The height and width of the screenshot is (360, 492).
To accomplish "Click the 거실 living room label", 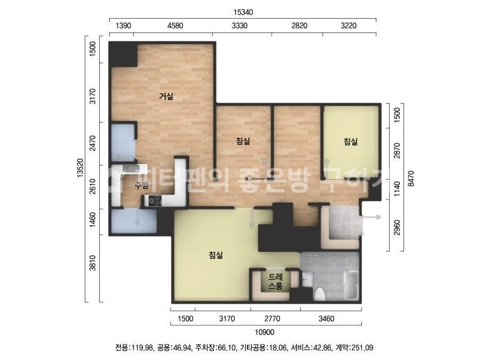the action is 166,96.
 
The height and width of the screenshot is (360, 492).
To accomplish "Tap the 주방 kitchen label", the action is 141,185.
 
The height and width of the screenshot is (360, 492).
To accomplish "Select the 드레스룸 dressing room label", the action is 276,281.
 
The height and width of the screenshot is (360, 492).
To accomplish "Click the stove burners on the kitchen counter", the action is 155,200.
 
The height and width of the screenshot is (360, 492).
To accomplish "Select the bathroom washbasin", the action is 308,279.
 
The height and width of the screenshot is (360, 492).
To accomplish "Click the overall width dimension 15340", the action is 243,12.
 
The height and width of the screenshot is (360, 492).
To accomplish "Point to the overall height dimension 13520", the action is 80,168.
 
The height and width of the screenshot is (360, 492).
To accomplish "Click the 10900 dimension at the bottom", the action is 264,332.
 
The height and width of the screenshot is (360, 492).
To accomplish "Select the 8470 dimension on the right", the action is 411,178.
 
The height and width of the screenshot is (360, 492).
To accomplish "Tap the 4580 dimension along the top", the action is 175,26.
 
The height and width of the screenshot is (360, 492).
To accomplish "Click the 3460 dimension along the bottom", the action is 326,319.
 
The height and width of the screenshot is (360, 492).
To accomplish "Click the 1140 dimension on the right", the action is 397,189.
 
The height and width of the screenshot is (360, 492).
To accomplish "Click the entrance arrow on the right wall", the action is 372,217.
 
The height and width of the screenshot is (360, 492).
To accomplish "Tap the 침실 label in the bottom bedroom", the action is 216,255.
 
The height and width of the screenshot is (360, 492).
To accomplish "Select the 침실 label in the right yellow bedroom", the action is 351,142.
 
